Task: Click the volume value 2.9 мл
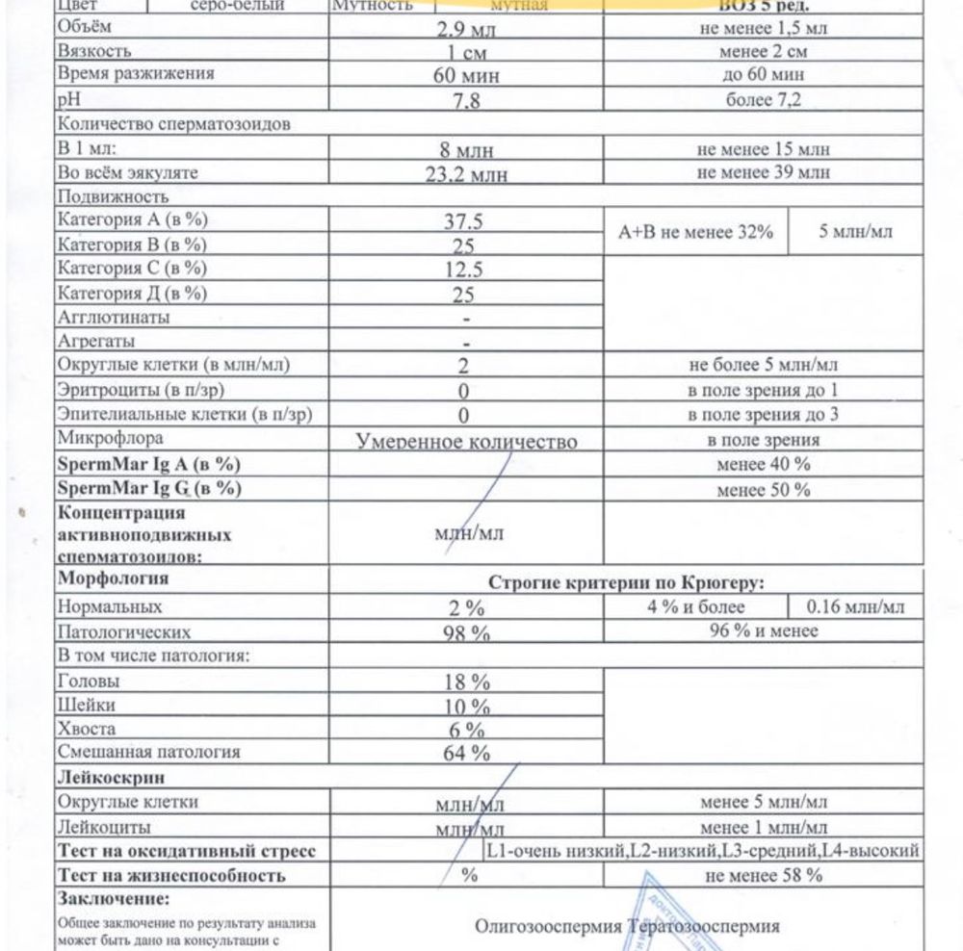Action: click(466, 29)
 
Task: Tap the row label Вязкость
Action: click(94, 51)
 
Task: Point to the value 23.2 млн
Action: click(466, 175)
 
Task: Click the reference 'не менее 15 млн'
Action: click(763, 149)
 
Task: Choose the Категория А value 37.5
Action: click(463, 221)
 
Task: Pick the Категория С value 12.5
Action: click(463, 270)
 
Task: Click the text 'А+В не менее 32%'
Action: click(695, 233)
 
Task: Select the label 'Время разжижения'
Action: click(136, 74)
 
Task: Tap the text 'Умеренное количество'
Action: click(466, 442)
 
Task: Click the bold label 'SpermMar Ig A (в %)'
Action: click(149, 465)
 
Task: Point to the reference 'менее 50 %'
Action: click(763, 489)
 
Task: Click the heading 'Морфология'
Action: click(114, 578)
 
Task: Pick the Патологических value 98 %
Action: click(466, 633)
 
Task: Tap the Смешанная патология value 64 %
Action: click(466, 753)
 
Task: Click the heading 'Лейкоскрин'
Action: click(109, 777)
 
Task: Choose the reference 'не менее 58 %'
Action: click(763, 876)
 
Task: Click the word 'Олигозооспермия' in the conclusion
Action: click(548, 927)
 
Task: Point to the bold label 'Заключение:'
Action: click(114, 900)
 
